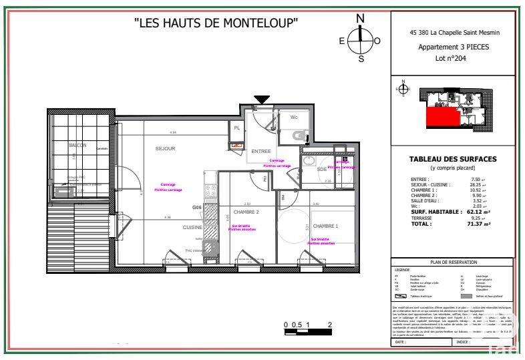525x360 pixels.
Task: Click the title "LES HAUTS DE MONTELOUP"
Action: coord(216,23)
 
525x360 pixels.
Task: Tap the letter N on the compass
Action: coord(360,18)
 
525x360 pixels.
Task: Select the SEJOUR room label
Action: coord(165,148)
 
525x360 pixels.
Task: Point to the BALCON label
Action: coord(77,145)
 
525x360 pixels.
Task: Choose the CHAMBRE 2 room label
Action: coord(246,211)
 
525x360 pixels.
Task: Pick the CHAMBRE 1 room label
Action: coord(325,226)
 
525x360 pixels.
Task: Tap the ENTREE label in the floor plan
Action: coord(260,151)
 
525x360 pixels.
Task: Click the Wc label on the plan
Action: coord(294,118)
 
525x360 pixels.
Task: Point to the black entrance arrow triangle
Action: coord(262,100)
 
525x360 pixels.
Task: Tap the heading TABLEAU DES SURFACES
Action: coord(452,159)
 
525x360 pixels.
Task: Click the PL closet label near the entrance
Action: coord(236,128)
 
